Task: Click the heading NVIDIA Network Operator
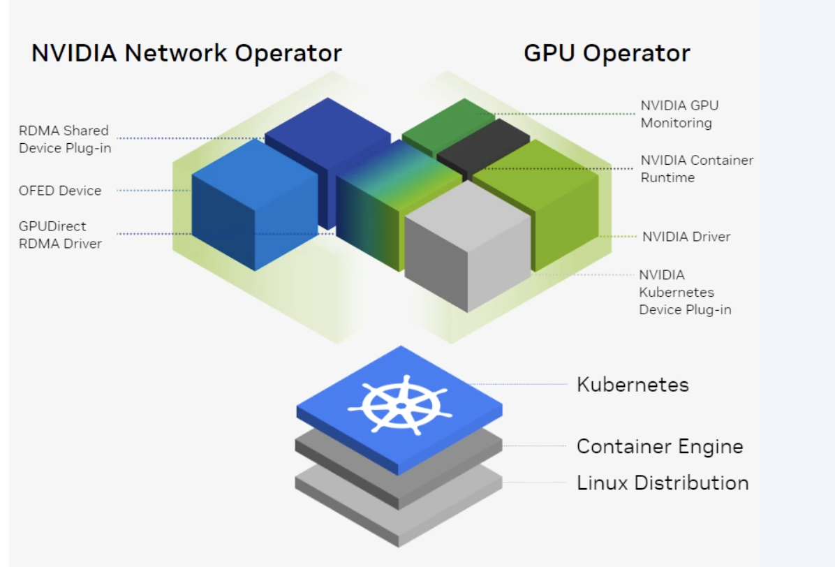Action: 186,53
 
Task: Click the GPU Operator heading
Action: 606,53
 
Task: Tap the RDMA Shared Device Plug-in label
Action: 64,139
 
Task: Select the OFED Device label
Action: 60,191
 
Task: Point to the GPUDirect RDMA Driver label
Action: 61,235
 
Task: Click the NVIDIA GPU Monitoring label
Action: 679,115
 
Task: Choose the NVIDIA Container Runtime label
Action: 697,169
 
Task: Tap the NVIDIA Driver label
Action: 686,237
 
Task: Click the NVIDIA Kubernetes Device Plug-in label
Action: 685,292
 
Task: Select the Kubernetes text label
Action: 633,385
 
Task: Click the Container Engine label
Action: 659,446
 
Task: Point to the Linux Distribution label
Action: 662,483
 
